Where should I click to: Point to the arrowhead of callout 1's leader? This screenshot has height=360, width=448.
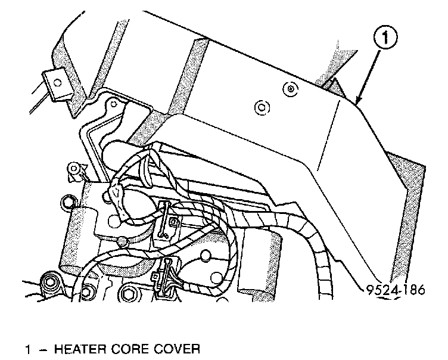(x=357, y=103)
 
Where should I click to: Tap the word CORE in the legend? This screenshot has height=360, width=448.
(x=135, y=347)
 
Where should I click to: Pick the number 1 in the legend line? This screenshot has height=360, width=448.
(x=28, y=347)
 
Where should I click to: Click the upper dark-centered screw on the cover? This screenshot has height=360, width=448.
(x=290, y=89)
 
